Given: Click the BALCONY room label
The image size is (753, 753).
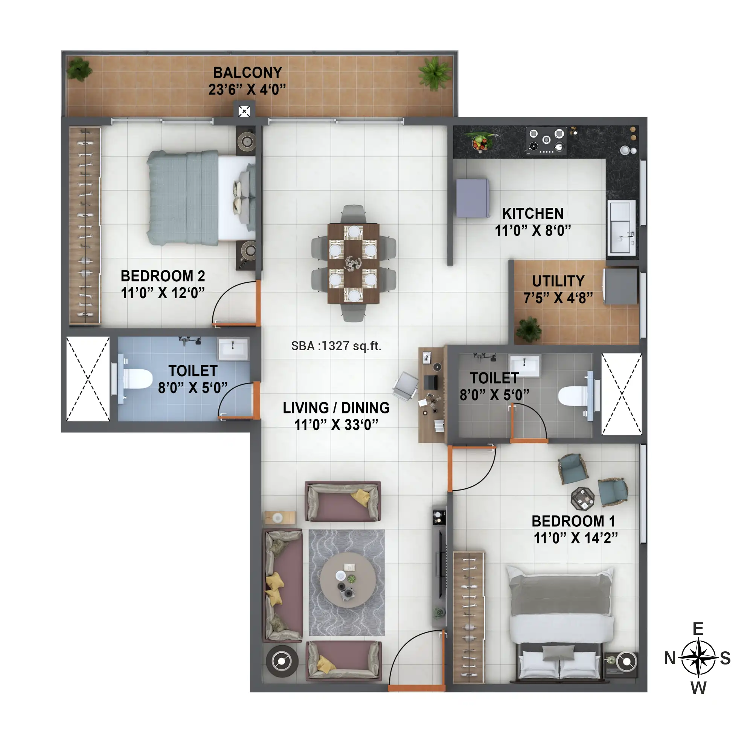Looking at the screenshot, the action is pos(247,73).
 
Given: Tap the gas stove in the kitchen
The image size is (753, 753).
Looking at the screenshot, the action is pos(546,140).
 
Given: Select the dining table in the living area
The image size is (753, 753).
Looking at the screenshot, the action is pos(354,263).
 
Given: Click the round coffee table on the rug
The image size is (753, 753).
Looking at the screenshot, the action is pos(348,579).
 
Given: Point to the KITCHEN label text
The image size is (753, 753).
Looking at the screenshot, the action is pos(533,213).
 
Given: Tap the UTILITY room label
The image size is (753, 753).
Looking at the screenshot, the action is pos(558,281).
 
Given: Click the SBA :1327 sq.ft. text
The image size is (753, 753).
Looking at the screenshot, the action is pos(336,346).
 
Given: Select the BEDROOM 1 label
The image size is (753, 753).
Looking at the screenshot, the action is pos(573,521).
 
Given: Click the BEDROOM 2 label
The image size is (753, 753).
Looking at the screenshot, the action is pos(163,276).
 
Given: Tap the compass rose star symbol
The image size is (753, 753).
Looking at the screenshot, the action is pos(698,658).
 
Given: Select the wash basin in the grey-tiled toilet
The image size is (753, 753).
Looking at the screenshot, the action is pos(525,365).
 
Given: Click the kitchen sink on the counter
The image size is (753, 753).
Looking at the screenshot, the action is pos(622,228).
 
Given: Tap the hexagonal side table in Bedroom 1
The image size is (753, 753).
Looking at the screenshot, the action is pos(583,498).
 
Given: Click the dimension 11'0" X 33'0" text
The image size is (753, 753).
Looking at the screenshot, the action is pos(336,425).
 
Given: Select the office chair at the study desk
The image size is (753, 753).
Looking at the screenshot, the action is pos(405,386).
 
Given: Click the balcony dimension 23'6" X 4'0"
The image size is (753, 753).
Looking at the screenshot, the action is pos(247,90).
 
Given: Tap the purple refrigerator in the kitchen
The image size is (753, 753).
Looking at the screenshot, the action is pos(473,198).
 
